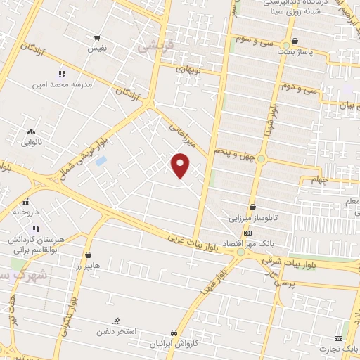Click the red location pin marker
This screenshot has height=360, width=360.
[x=181, y=165]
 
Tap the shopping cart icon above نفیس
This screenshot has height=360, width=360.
[x=97, y=38]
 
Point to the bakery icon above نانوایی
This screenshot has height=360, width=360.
[x=30, y=131]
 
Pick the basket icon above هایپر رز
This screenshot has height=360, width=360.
[x=88, y=255]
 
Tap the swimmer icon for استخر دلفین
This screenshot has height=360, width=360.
[x=116, y=319]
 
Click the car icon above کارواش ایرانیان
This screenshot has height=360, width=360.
[x=174, y=333]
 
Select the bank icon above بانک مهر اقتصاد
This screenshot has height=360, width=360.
[x=247, y=233]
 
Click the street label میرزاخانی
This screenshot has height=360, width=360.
[x=181, y=134]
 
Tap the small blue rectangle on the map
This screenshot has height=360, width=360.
[x=101, y=161]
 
